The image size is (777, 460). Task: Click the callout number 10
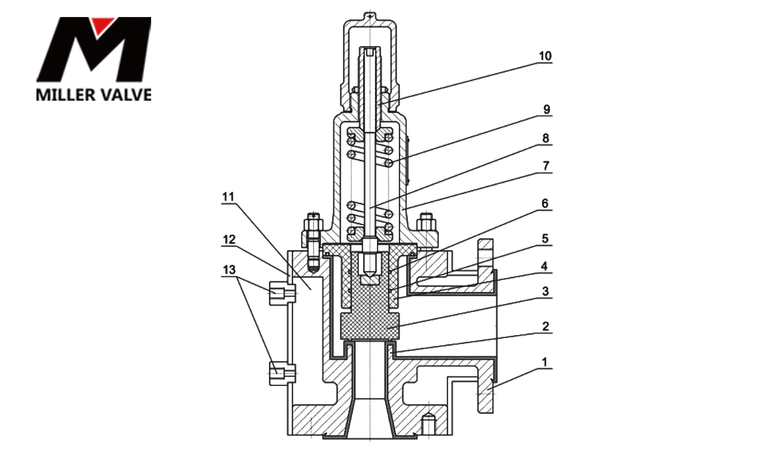click(545, 56)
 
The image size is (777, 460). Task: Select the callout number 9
click(546, 110)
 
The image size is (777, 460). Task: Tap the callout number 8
click(546, 138)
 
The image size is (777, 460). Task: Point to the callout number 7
click(546, 166)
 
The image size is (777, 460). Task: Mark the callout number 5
click(545, 239)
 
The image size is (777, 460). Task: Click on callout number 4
click(545, 266)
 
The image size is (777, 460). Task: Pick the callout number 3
click(545, 292)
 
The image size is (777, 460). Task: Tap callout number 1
click(545, 362)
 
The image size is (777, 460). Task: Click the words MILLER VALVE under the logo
click(93, 95)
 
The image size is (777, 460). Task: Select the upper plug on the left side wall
click(282, 293)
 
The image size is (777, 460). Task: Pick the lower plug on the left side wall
click(282, 371)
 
